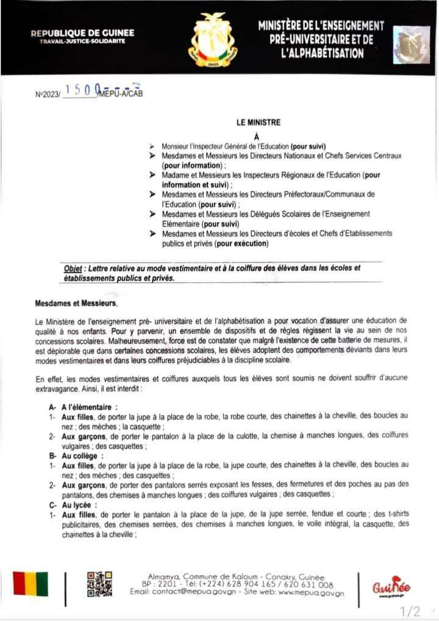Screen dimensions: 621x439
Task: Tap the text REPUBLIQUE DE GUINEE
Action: coord(82,33)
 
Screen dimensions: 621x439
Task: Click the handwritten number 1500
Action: coord(80,90)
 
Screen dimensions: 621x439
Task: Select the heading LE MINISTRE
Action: coord(259,123)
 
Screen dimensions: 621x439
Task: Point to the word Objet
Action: coord(74,268)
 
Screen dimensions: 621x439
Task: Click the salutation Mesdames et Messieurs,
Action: coord(76,303)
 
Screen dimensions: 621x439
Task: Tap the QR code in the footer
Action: coord(99,584)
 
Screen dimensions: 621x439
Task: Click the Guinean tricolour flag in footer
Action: coord(30,584)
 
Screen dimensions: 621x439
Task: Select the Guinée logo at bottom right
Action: coord(392,586)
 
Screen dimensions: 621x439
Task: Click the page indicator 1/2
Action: coord(410,611)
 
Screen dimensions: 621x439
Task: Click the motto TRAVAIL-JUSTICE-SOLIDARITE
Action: coord(82,41)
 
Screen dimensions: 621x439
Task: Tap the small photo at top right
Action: coord(411,45)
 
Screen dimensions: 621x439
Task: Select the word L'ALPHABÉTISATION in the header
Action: coord(321,53)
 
